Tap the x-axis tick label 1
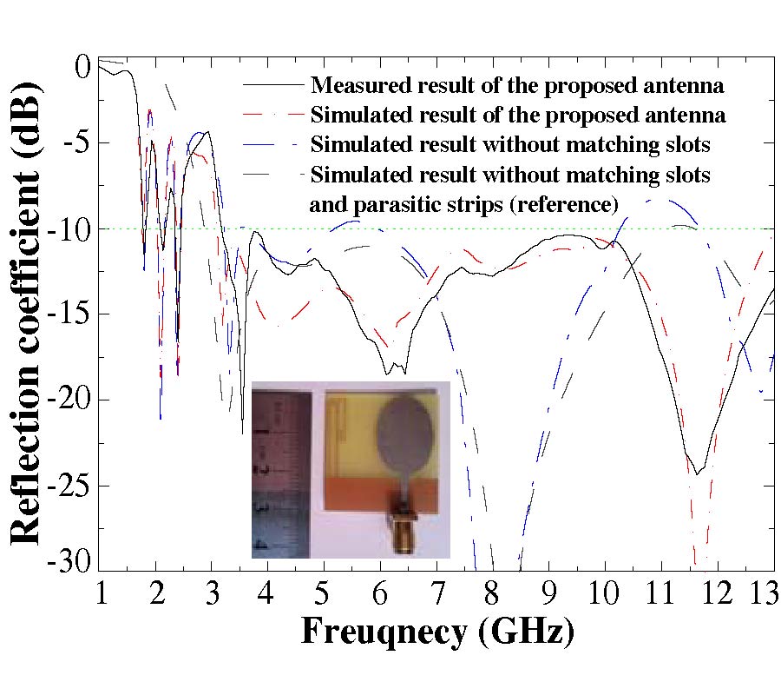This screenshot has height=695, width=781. (x=101, y=594)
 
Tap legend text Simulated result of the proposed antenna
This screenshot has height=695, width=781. (x=518, y=116)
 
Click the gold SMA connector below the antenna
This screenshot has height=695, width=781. (x=406, y=531)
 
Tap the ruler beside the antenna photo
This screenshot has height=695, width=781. (x=280, y=469)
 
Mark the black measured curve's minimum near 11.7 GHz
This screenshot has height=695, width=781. (x=697, y=473)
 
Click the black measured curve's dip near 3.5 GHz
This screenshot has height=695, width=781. (x=242, y=432)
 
